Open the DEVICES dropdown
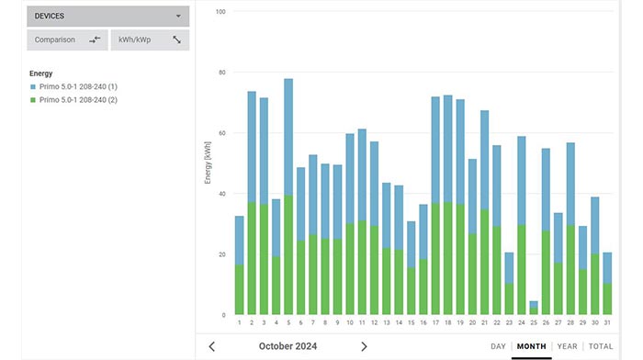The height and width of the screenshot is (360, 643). pyautogui.click(x=107, y=16)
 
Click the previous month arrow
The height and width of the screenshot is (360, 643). pyautogui.click(x=212, y=346)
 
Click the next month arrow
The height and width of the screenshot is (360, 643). pyautogui.click(x=364, y=346)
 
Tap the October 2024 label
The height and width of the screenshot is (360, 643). pyautogui.click(x=288, y=346)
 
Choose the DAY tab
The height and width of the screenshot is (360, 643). pyautogui.click(x=499, y=346)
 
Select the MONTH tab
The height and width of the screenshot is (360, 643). pyautogui.click(x=531, y=346)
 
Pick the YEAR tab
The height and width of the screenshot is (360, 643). pyautogui.click(x=568, y=346)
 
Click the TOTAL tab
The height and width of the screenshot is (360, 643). pyautogui.click(x=601, y=346)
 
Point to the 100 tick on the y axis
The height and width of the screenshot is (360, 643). pyautogui.click(x=221, y=12)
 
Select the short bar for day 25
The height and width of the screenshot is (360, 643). pyautogui.click(x=534, y=308)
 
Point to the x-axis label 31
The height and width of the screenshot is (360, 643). pyautogui.click(x=607, y=322)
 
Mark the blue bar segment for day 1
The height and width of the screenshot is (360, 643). pyautogui.click(x=240, y=240)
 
